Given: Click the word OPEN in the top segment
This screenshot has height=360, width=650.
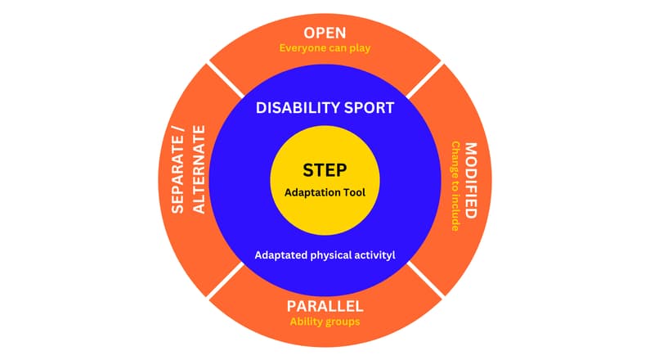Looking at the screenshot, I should point(325,33).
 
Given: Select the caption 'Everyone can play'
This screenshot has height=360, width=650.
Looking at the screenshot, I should point(325,48).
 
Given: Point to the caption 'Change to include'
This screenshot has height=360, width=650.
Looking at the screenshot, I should point(455,187).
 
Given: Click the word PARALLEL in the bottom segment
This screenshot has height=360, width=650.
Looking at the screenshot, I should point(325,306).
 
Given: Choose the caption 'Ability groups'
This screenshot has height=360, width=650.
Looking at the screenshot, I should point(325,322).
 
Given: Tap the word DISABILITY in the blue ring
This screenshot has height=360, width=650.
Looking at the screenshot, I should point(295,107).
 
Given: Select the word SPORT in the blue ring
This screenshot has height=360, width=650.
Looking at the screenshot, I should point(365,107).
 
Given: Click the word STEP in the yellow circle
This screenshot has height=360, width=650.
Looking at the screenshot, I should point(325,170).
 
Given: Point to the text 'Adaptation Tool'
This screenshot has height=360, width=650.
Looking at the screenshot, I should point(325,193).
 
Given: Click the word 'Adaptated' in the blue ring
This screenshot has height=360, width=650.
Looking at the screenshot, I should point(281,255).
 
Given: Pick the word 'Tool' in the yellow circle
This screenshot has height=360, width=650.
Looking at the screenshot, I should point(352,193).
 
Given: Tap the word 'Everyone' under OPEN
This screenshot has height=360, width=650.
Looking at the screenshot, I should point(302,48).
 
